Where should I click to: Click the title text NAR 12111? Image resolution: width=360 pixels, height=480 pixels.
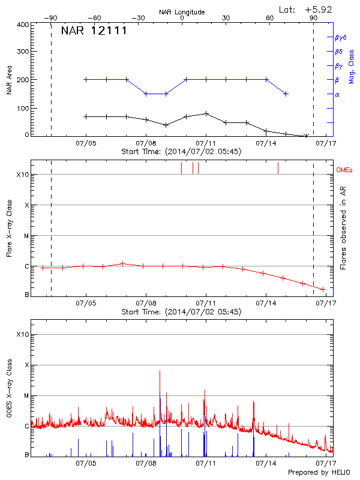click(x=94, y=31)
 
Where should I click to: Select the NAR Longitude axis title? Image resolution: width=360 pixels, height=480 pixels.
click(x=182, y=12)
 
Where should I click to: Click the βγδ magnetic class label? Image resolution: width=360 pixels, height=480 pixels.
click(x=341, y=37)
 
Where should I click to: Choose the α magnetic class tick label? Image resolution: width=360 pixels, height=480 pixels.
click(x=337, y=94)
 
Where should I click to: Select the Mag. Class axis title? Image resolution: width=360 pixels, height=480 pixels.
click(x=351, y=66)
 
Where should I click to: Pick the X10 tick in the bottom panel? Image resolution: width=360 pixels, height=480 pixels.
click(x=22, y=334)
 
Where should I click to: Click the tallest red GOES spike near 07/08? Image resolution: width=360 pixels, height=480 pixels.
click(x=160, y=372)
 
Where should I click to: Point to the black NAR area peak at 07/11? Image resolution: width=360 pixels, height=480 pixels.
click(x=206, y=113)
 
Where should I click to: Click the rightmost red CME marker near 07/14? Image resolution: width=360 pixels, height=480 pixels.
click(x=278, y=168)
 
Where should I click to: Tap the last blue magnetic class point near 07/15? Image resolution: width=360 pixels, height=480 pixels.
click(x=286, y=94)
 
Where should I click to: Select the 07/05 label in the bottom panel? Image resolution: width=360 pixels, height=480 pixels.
click(x=86, y=463)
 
